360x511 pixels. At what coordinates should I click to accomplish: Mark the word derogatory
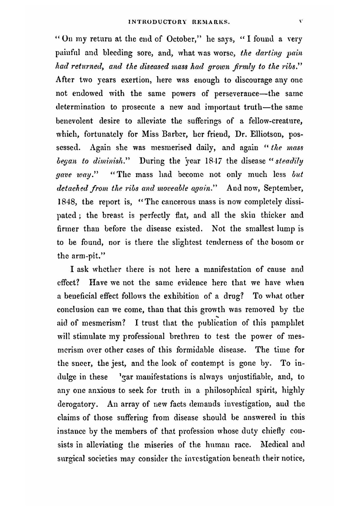[77, 404]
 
